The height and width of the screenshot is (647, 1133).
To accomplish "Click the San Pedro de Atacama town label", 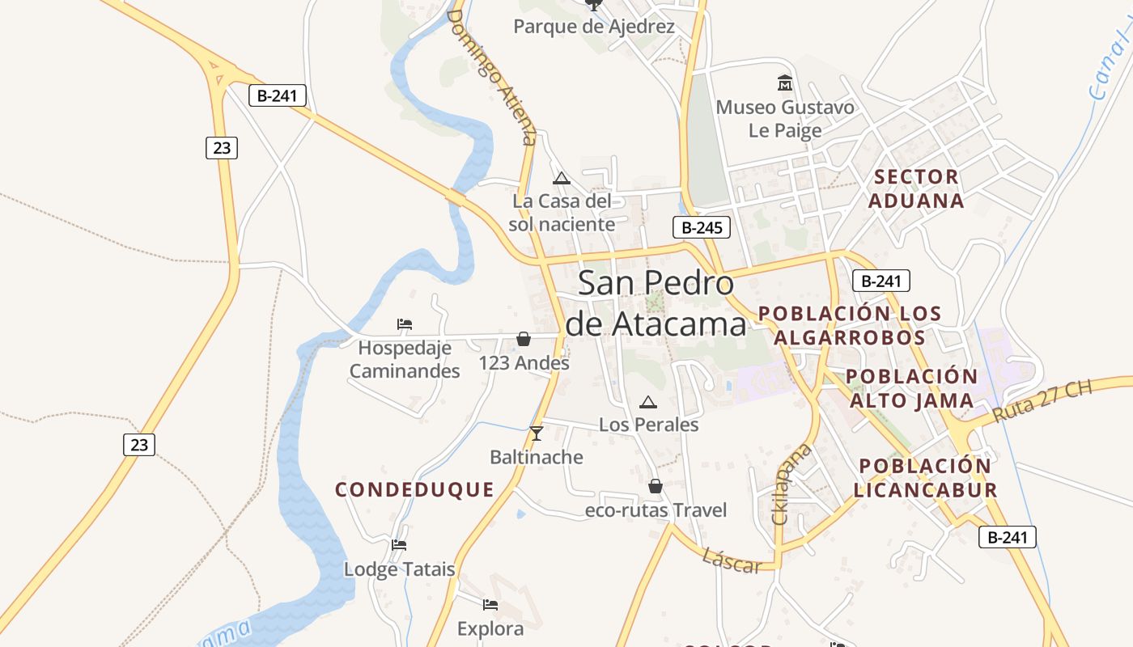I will pyautogui.click(x=656, y=303).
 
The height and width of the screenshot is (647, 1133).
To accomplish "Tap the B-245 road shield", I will pyautogui.click(x=702, y=227).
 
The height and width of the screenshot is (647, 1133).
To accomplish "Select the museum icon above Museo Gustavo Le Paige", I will pyautogui.click(x=784, y=83).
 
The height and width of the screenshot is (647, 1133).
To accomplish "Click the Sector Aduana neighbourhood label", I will pyautogui.click(x=916, y=188).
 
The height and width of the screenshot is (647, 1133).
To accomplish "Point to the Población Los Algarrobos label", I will pyautogui.click(x=849, y=325).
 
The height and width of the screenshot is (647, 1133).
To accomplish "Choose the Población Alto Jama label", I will pyautogui.click(x=911, y=388).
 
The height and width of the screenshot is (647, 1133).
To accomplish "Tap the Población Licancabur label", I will pyautogui.click(x=925, y=478).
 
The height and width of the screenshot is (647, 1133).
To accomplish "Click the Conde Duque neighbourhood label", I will pyautogui.click(x=414, y=489).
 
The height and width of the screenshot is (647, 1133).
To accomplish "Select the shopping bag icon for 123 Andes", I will pyautogui.click(x=524, y=339).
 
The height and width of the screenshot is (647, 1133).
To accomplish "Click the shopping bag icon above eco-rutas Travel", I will pyautogui.click(x=656, y=486).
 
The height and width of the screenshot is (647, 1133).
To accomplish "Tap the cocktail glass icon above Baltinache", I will pyautogui.click(x=536, y=433).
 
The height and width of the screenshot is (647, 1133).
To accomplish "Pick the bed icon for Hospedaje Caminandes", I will pyautogui.click(x=405, y=324).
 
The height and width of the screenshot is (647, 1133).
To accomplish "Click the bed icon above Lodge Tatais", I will pyautogui.click(x=399, y=544).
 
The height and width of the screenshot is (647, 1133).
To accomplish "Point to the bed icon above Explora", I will pyautogui.click(x=490, y=604).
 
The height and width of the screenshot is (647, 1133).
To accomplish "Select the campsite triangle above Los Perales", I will pyautogui.click(x=647, y=402).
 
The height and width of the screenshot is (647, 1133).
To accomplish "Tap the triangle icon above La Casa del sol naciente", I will pyautogui.click(x=562, y=178).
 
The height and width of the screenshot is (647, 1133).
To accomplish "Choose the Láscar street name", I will pyautogui.click(x=732, y=560).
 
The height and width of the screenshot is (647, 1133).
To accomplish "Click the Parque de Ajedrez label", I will pyautogui.click(x=594, y=27).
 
